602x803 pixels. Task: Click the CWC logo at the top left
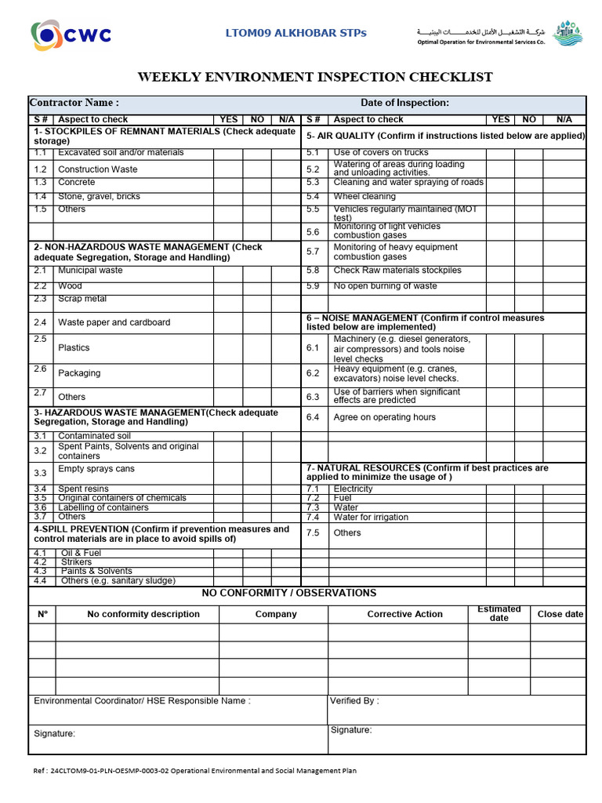point(71,35)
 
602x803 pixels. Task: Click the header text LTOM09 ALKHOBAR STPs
point(296,33)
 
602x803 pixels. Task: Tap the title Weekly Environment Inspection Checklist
point(315,77)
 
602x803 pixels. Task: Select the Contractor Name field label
point(74,103)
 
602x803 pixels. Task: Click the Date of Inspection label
point(404,103)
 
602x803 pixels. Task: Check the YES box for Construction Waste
point(228,169)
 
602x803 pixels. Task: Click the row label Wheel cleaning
point(364,197)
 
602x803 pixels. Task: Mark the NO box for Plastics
point(257,347)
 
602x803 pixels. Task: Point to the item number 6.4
point(313,417)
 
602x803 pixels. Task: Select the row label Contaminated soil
point(94,436)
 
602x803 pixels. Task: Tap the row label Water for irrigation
point(371,518)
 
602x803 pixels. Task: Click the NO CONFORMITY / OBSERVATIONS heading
point(289,593)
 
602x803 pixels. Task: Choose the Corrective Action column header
point(404,614)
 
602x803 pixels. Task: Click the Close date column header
point(560,614)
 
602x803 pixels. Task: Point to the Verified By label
point(354,701)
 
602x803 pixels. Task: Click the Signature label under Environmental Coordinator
point(55,733)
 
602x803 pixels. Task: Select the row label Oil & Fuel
point(81,553)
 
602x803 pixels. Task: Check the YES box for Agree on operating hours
point(500,417)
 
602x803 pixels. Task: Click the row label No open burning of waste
point(385,286)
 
